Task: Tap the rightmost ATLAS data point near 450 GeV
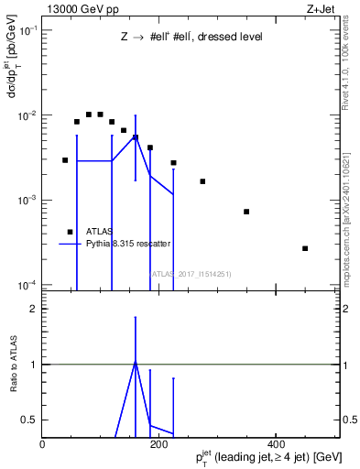pos(305,248)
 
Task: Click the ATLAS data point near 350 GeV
pos(246,212)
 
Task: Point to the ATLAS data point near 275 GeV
pos(202,181)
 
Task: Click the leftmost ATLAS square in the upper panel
pos(65,160)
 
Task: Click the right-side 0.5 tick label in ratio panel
pos(350,420)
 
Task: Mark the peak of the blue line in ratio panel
pos(136,361)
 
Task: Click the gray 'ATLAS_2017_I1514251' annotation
pos(191,273)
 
